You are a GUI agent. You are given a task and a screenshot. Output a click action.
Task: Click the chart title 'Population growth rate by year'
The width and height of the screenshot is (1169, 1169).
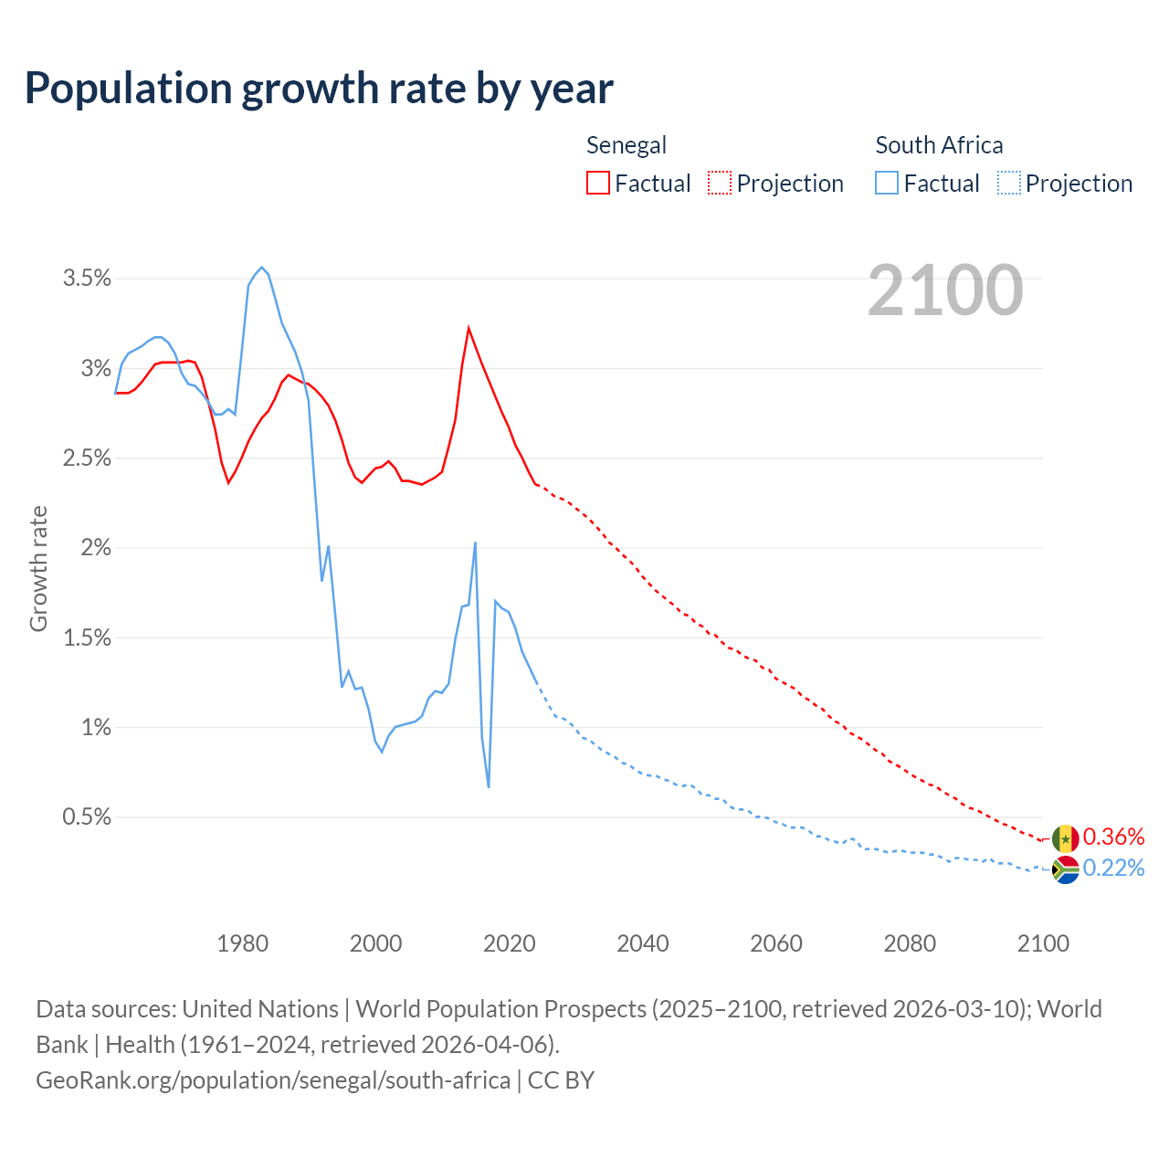click(319, 89)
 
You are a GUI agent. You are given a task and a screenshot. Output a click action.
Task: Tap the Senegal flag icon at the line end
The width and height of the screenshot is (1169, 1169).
click(1065, 838)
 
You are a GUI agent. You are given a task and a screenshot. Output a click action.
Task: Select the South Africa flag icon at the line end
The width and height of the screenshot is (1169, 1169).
click(1065, 869)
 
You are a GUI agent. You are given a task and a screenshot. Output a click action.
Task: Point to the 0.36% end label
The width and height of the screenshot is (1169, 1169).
click(1113, 837)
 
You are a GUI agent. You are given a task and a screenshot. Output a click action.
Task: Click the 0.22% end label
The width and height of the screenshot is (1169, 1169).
click(1113, 868)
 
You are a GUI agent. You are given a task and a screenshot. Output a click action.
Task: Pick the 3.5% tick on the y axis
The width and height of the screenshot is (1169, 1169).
click(87, 279)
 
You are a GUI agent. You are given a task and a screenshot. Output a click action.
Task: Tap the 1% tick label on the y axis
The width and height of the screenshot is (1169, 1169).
click(96, 728)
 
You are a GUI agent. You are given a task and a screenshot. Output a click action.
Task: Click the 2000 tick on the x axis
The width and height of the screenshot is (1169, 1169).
click(375, 943)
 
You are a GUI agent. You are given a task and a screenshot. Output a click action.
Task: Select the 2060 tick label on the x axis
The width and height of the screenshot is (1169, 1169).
click(776, 943)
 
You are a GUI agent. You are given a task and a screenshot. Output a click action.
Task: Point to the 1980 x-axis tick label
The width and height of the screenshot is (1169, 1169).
click(242, 943)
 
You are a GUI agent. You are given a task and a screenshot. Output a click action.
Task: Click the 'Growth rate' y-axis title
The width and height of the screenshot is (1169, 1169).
click(38, 568)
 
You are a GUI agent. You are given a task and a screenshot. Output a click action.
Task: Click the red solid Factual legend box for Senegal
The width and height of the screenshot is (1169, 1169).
click(597, 184)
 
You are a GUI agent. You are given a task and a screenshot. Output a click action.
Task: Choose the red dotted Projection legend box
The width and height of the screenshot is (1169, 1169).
click(720, 184)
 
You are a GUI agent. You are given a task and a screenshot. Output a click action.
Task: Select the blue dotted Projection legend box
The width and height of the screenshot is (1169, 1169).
click(1008, 184)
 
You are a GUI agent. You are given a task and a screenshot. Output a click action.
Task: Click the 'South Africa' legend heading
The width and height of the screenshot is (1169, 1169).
click(939, 145)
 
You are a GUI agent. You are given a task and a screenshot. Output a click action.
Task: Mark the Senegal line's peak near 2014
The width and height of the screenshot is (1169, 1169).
click(469, 328)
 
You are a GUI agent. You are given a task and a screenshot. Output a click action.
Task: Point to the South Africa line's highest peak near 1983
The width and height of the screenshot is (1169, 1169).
click(262, 268)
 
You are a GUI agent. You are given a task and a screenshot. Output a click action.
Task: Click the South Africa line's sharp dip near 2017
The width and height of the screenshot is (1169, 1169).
click(489, 786)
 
